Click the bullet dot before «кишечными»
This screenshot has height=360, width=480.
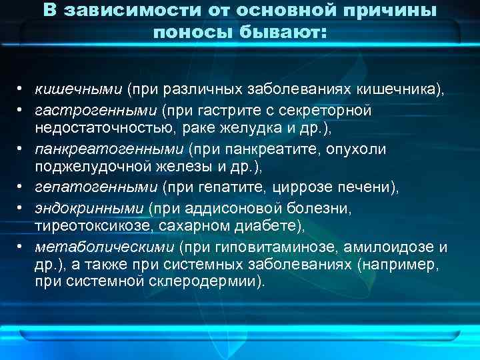click(22, 89)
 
